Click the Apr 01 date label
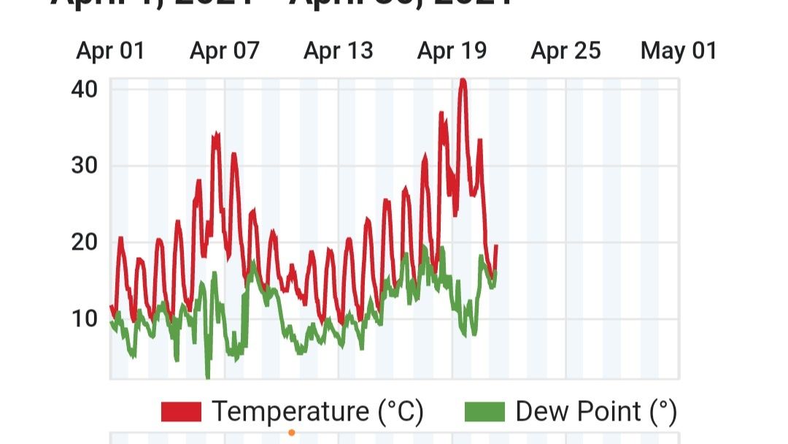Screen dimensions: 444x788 pyautogui.click(x=110, y=51)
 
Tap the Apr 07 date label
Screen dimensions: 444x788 pyautogui.click(x=224, y=51)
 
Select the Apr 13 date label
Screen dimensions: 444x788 pyautogui.click(x=338, y=51)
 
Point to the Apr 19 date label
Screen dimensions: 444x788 pyautogui.click(x=452, y=51)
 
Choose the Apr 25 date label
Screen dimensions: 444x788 pyautogui.click(x=565, y=51)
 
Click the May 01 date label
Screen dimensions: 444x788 pyautogui.click(x=679, y=51)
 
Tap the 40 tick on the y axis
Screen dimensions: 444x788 pyautogui.click(x=85, y=89)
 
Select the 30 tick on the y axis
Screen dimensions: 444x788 pyautogui.click(x=85, y=166)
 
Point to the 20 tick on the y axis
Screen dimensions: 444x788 pyautogui.click(x=85, y=242)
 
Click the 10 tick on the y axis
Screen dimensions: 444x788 pyautogui.click(x=85, y=318)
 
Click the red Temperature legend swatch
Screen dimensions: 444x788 pyautogui.click(x=181, y=412)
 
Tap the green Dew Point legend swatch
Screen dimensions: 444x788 pyautogui.click(x=484, y=412)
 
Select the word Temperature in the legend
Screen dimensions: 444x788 pyautogui.click(x=290, y=412)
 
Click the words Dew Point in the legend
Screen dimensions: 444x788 pyautogui.click(x=579, y=412)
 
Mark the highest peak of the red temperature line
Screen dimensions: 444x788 pyautogui.click(x=462, y=80)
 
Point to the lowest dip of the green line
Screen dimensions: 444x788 pyautogui.click(x=208, y=377)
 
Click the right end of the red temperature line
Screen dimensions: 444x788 pyautogui.click(x=496, y=246)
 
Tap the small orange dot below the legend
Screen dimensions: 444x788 pyautogui.click(x=292, y=432)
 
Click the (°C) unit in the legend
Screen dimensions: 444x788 pyautogui.click(x=401, y=412)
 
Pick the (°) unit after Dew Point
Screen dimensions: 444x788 pyautogui.click(x=663, y=412)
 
